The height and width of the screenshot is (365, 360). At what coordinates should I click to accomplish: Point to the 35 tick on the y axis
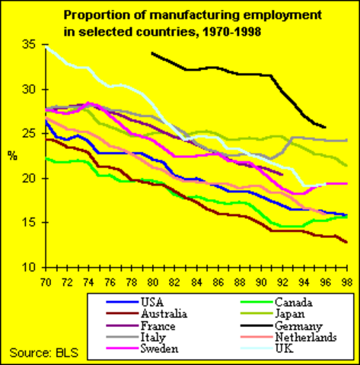click(29, 46)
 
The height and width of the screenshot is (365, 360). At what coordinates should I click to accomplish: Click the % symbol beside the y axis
click(11, 157)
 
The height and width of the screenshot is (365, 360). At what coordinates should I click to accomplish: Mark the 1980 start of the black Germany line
click(153, 53)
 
